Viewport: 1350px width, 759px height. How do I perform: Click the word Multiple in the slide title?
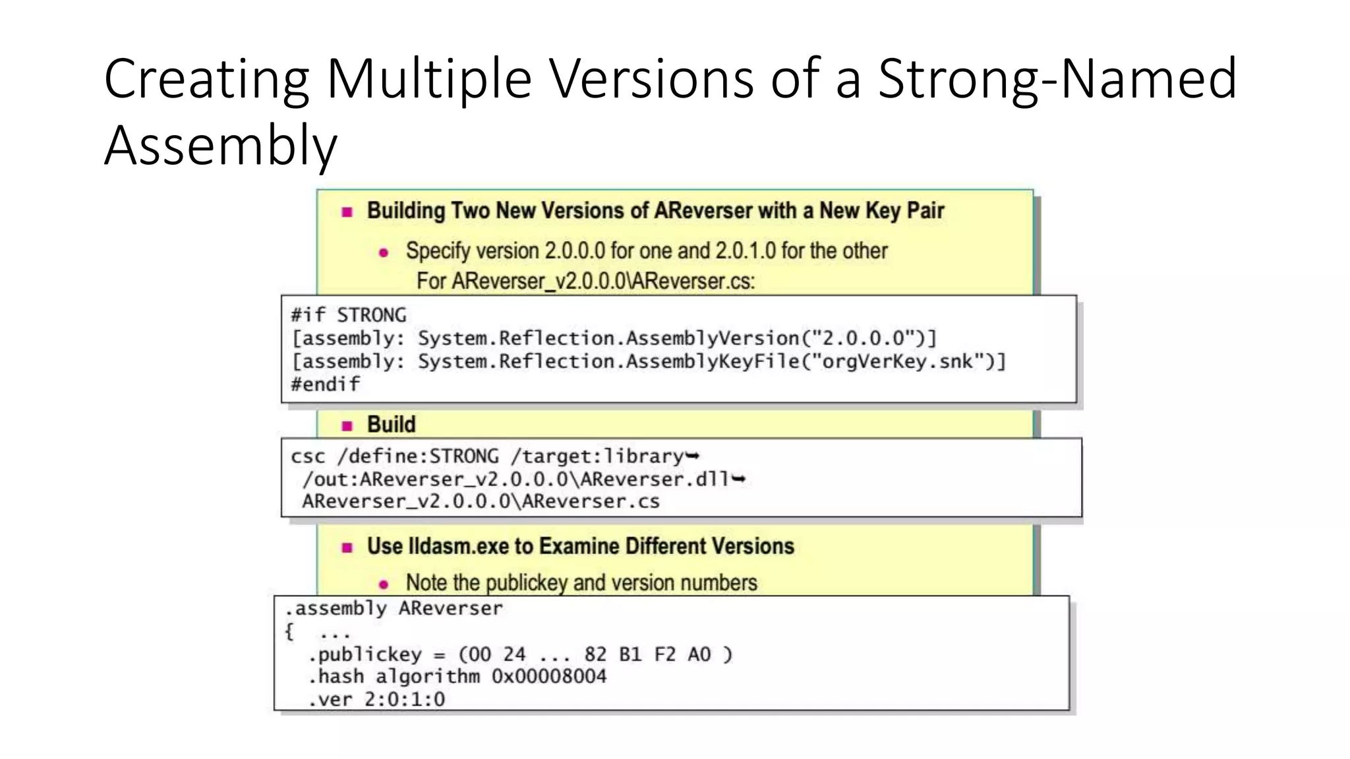pos(428,79)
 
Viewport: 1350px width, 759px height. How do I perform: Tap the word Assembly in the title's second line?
pos(221,146)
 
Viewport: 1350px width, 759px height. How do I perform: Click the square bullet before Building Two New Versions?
pos(347,212)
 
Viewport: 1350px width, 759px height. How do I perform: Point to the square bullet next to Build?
pos(347,426)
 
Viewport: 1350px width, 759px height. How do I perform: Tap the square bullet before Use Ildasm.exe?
pos(347,548)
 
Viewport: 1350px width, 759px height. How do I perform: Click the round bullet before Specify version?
pos(384,252)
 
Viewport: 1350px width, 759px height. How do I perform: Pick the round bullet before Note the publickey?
pos(384,584)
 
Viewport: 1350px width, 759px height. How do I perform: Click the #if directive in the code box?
pos(308,315)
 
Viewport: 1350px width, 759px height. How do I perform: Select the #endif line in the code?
pos(326,384)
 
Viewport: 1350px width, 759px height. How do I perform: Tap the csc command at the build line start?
pos(308,457)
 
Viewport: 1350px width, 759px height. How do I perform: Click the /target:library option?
pos(597,457)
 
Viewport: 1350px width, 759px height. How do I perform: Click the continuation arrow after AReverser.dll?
pos(739,479)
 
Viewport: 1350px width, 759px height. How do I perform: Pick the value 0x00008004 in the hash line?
pos(549,677)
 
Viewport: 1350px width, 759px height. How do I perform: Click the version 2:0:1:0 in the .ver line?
pos(405,699)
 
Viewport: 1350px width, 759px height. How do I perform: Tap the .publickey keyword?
pos(365,654)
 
